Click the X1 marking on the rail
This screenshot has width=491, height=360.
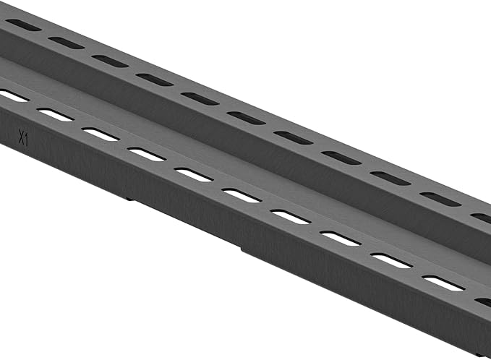[x=24, y=137]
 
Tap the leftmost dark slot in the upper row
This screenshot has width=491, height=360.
[x=23, y=25]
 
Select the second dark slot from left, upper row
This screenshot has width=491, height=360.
[x=66, y=43]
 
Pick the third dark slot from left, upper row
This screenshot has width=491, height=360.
[x=110, y=61]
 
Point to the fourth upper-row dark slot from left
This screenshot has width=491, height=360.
[x=155, y=79]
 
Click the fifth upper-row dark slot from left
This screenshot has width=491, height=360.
[x=200, y=98]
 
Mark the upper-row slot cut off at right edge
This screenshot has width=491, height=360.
[x=482, y=217]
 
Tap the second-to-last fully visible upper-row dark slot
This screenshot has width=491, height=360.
[x=390, y=178]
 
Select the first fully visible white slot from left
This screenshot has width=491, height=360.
[x=55, y=114]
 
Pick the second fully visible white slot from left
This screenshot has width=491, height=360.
[x=101, y=134]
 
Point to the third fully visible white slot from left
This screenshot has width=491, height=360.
[x=146, y=154]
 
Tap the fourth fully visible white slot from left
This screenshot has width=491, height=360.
[x=193, y=174]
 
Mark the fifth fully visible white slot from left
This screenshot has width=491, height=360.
[x=241, y=195]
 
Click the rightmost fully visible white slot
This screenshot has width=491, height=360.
[x=443, y=283]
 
